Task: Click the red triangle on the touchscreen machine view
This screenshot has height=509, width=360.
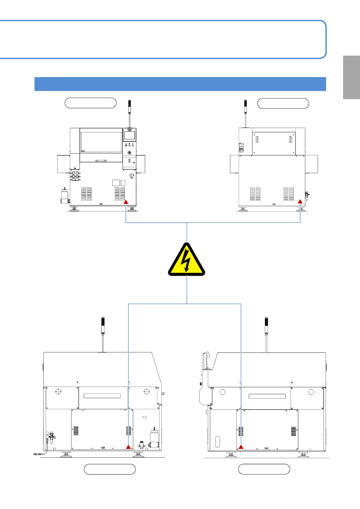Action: click(126, 202)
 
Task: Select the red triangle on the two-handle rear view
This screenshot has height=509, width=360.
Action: click(300, 201)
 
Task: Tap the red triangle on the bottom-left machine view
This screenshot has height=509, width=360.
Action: click(129, 447)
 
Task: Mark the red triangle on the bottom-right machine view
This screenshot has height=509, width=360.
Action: click(241, 447)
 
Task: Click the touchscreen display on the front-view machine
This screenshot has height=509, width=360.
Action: click(129, 135)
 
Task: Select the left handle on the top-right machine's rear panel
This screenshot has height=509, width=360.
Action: click(257, 140)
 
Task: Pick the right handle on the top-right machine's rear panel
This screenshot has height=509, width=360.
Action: click(290, 140)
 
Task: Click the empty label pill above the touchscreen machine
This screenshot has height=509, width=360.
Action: click(90, 103)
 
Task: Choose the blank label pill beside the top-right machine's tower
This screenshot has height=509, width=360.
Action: click(283, 103)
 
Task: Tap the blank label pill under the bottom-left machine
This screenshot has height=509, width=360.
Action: click(110, 469)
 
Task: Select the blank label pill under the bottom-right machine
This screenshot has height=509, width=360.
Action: click(264, 469)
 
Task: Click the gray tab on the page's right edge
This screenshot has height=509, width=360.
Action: click(352, 77)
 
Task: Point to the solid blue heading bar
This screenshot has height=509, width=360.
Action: click(180, 84)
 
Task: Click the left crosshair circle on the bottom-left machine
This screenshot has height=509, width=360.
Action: click(59, 392)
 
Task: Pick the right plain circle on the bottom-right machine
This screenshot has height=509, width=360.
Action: click(311, 392)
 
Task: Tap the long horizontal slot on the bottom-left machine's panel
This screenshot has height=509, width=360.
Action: click(102, 396)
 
